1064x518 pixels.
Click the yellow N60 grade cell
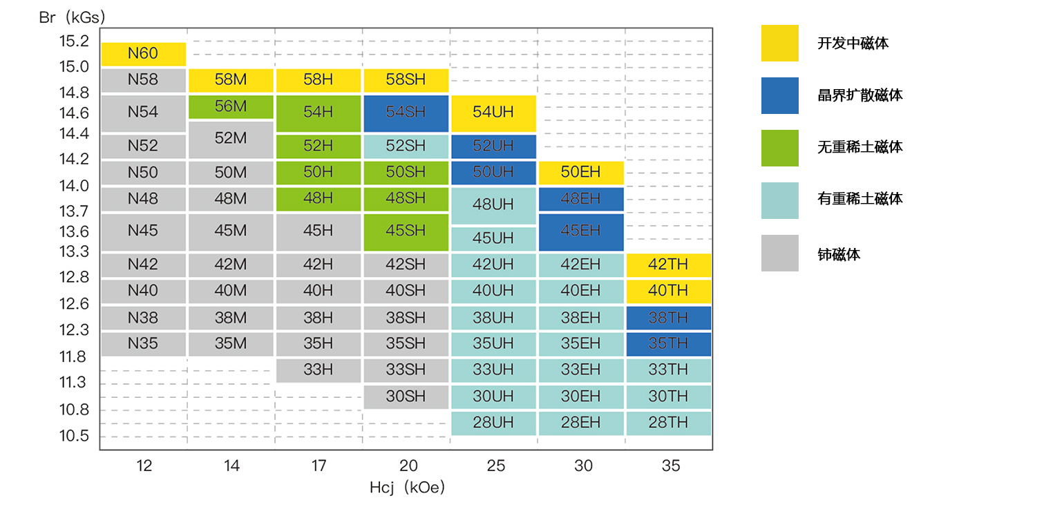point(144,54)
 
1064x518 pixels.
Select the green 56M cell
point(231,106)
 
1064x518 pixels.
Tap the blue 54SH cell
point(406,113)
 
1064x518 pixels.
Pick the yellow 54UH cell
point(493,113)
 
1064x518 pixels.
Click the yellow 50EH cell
point(580,172)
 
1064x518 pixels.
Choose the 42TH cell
point(668,265)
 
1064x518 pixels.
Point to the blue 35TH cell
point(668,344)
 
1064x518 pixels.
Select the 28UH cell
point(493,423)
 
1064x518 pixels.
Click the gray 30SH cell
point(406,396)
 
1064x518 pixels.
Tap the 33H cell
point(318,370)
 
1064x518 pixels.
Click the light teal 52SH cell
point(406,146)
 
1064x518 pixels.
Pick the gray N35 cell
point(144,344)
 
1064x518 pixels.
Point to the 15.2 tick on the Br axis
point(74,41)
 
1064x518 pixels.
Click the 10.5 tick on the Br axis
point(74,436)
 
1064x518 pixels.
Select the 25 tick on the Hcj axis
point(496,466)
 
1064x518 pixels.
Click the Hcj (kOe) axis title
point(407,488)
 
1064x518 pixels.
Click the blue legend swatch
point(779,95)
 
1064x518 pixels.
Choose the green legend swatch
point(779,148)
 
